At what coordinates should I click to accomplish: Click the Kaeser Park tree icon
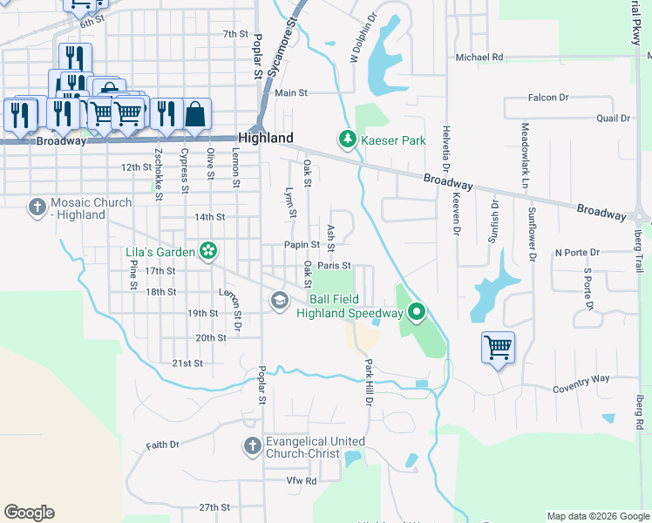(347, 139)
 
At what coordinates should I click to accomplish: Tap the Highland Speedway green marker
(417, 311)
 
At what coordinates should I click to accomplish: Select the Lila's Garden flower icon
(208, 252)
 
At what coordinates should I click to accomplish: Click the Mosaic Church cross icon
(37, 207)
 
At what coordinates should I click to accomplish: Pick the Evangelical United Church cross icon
(252, 446)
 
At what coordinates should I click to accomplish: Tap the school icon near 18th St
(279, 301)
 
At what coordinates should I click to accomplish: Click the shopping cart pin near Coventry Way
(498, 348)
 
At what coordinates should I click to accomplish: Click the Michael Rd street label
(479, 58)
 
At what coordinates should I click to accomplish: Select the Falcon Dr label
(548, 98)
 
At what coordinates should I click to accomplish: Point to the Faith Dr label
(162, 445)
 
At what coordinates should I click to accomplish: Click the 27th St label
(213, 507)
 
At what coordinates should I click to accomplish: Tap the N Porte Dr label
(577, 253)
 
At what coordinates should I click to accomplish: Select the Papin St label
(303, 246)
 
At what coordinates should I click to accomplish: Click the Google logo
(29, 513)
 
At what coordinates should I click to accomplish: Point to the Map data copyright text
(597, 516)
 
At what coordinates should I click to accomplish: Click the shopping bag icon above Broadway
(197, 113)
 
